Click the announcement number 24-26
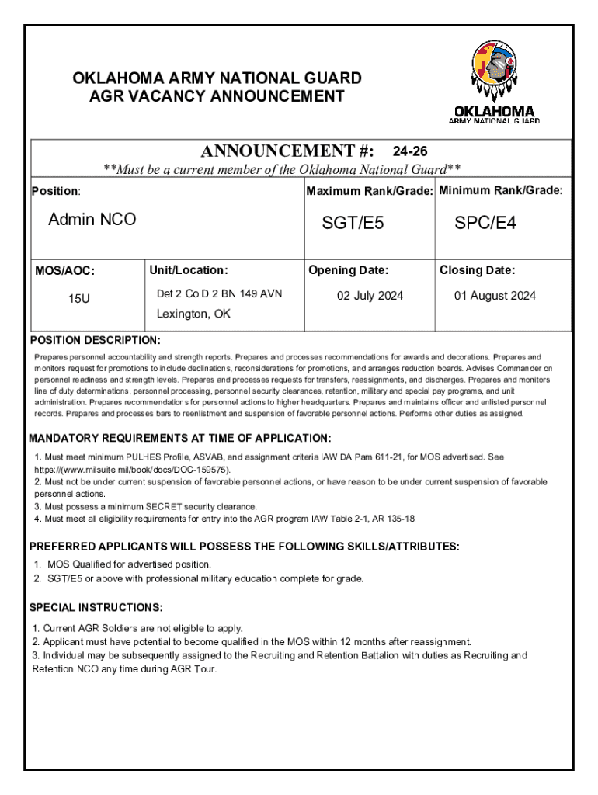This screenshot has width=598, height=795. tap(410, 151)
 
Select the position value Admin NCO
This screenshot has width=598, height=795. tap(92, 220)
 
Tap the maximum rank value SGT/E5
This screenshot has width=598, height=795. tap(353, 224)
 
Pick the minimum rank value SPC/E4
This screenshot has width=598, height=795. tap(485, 224)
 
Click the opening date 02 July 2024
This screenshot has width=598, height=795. tap(370, 296)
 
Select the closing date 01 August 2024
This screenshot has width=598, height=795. tap(495, 296)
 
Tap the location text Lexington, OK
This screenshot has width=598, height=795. tap(193, 314)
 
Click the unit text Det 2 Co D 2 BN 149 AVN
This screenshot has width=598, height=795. tap(219, 293)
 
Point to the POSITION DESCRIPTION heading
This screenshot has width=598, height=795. tap(95, 340)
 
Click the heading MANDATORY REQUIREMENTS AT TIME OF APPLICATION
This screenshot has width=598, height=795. tap(180, 439)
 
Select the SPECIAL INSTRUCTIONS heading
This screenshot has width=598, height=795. tap(96, 607)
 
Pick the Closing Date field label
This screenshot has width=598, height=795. tap(477, 270)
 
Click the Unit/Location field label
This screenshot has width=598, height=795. tap(189, 270)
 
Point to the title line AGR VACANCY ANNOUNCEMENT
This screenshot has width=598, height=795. tap(217, 96)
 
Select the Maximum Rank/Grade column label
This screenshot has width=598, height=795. tap(370, 191)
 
